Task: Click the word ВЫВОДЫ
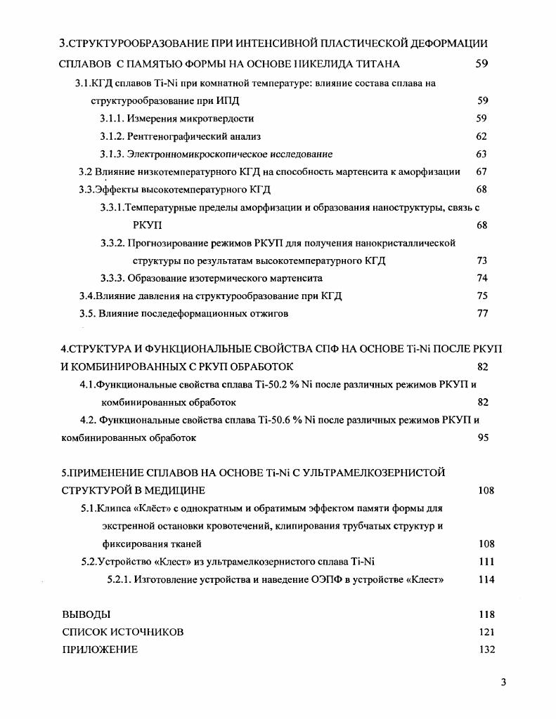coord(86,614)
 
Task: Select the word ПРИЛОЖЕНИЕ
coord(100,649)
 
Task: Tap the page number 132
coord(486,649)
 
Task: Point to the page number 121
coord(486,632)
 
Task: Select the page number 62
coord(481,136)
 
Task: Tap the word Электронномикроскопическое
coord(198,154)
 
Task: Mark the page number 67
coord(481,171)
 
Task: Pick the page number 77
coord(482,313)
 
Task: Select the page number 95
coord(482,437)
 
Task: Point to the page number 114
coord(486,579)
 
